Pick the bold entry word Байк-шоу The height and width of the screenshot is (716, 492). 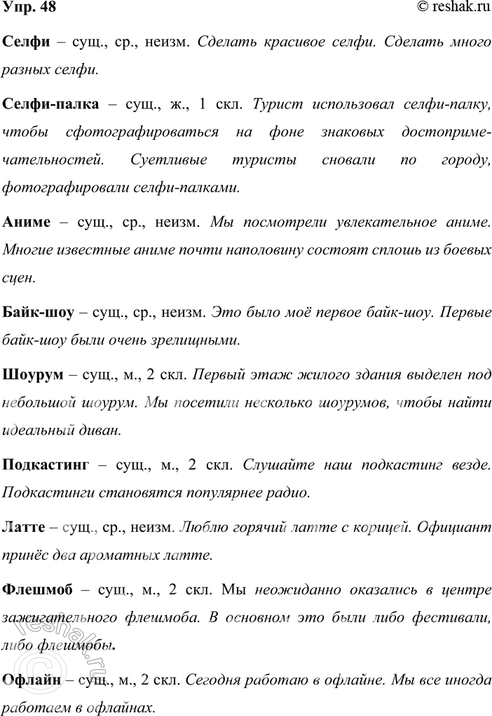point(39,312)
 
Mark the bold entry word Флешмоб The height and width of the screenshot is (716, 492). point(39,589)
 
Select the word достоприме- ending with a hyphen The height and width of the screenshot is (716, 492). point(444,132)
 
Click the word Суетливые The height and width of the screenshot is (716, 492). point(165,160)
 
